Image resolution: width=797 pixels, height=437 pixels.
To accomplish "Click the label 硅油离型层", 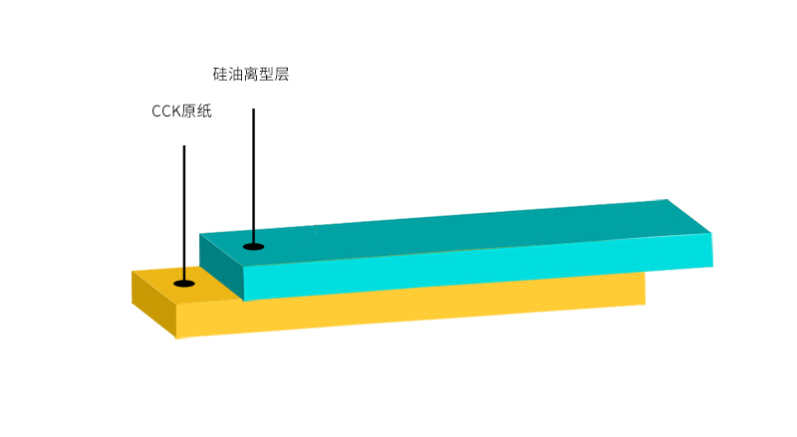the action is click(251, 75).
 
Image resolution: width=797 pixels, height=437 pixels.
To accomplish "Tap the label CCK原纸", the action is click(181, 110).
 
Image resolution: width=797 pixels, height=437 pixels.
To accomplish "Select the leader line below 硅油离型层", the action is click(254, 176).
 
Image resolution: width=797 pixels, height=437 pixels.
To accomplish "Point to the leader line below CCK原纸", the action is click(184, 213).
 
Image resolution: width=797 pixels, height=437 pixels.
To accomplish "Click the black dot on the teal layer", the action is click(254, 247).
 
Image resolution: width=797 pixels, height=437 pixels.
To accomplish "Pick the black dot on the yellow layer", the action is click(184, 283).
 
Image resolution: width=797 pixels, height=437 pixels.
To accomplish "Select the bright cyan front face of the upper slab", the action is click(478, 267).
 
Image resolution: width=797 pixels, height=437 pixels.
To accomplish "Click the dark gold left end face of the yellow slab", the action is click(154, 304).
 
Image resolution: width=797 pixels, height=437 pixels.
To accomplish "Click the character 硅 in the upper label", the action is click(220, 75).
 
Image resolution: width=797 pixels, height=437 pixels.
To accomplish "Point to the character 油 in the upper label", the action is click(235, 75).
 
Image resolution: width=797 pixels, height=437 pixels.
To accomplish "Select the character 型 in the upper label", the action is click(266, 75).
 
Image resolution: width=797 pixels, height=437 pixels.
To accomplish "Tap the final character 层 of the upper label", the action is click(282, 75).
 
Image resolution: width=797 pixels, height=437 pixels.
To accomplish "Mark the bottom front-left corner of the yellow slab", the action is click(176, 338).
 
